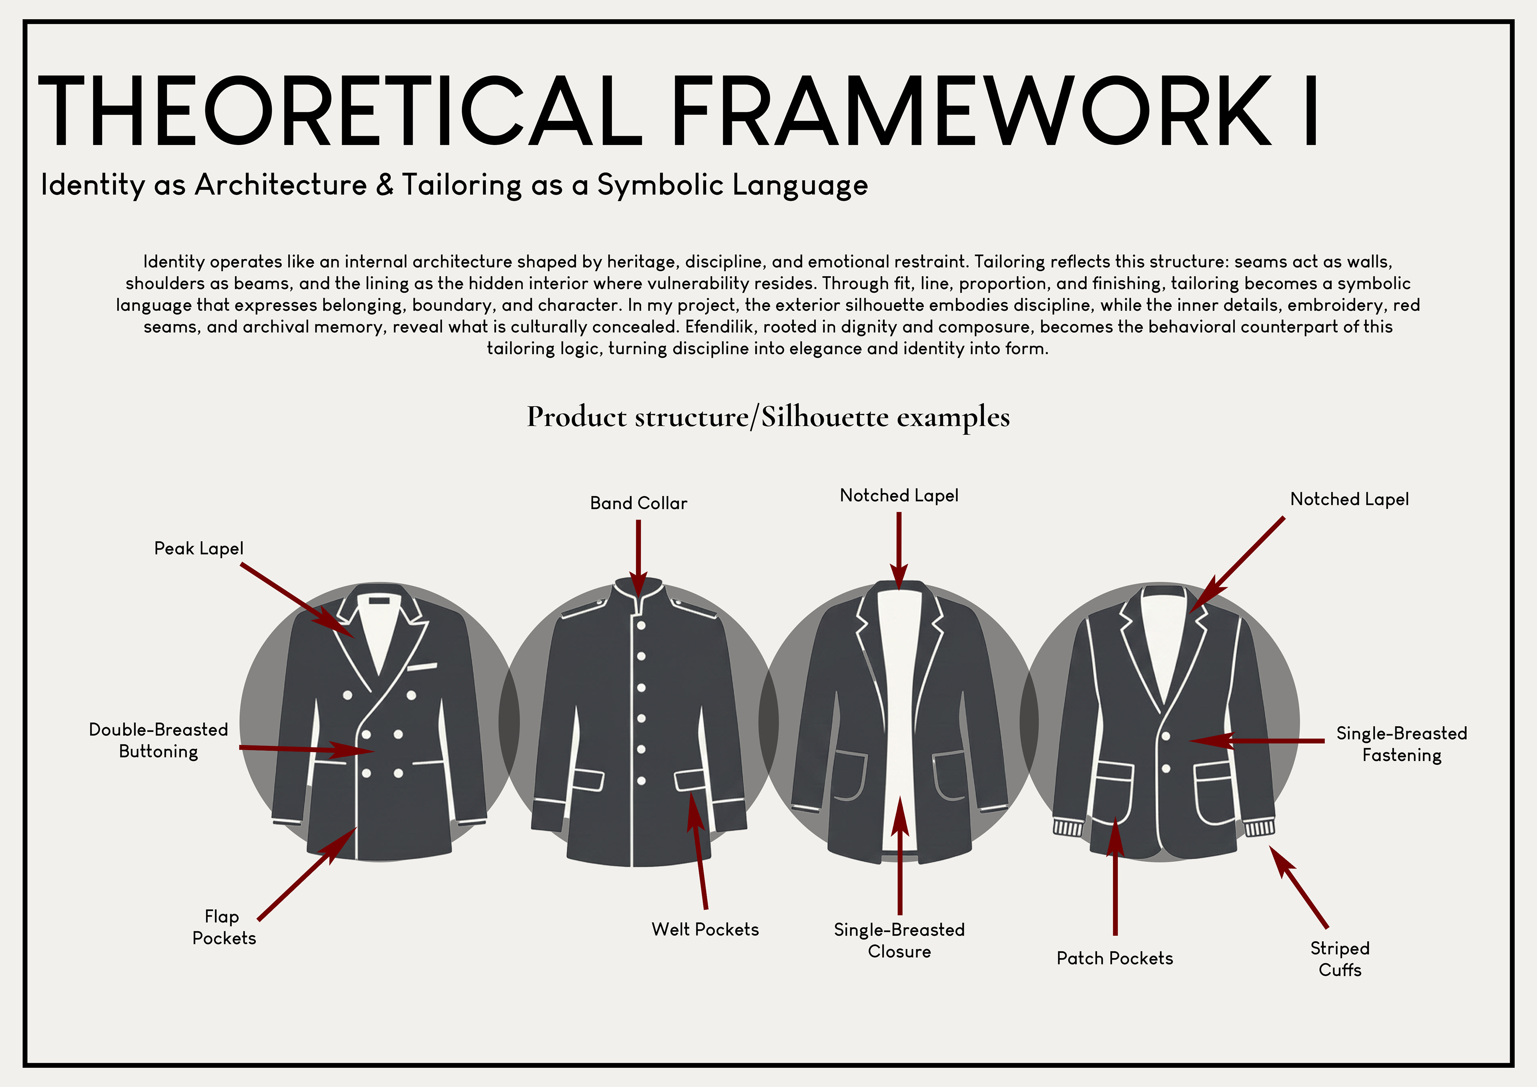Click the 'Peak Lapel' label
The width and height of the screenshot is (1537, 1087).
(x=199, y=549)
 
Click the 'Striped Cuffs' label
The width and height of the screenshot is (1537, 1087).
(x=1340, y=958)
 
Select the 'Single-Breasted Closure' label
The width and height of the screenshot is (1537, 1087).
(x=899, y=940)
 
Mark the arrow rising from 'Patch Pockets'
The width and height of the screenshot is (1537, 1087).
(x=1115, y=877)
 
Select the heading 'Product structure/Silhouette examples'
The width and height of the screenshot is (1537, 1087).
(x=768, y=416)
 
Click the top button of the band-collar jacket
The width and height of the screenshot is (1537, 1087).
(x=641, y=625)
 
